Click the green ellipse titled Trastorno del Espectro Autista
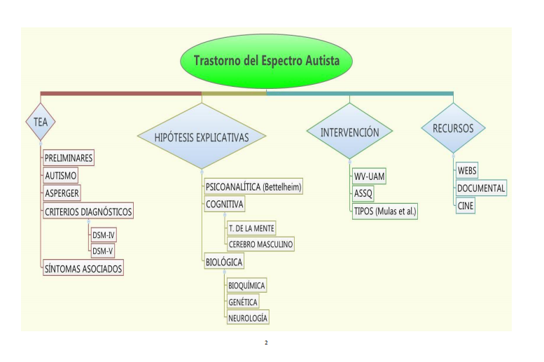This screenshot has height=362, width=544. coord(266,61)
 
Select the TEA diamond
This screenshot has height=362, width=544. coord(41,122)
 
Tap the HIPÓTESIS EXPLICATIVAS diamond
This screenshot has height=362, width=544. coord(202,137)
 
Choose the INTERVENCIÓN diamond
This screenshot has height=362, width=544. coord(350,132)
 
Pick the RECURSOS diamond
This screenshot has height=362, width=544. coord(453,128)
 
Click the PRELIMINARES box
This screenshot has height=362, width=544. coord(69,158)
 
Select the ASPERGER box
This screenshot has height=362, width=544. coord(62,193)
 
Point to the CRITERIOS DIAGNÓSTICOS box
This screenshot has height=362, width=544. coord(88,211)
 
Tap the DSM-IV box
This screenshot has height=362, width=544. coord(103,235)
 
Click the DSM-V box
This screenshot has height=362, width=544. coord(102,251)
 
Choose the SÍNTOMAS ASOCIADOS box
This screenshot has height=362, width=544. coord(83,268)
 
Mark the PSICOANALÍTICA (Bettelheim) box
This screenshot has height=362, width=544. coord(253,187)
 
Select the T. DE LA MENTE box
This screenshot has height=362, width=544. coord(251,228)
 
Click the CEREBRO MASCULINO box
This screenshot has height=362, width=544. coord(260,244)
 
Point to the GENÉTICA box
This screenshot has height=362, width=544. coord(243,302)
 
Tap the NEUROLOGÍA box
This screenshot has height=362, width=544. coord(248,317)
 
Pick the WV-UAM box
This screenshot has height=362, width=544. coord(369,176)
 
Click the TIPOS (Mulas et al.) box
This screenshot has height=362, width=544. coord(385,211)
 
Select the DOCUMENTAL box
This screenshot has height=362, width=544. coord(481,188)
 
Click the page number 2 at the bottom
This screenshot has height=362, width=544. coord(266,342)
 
